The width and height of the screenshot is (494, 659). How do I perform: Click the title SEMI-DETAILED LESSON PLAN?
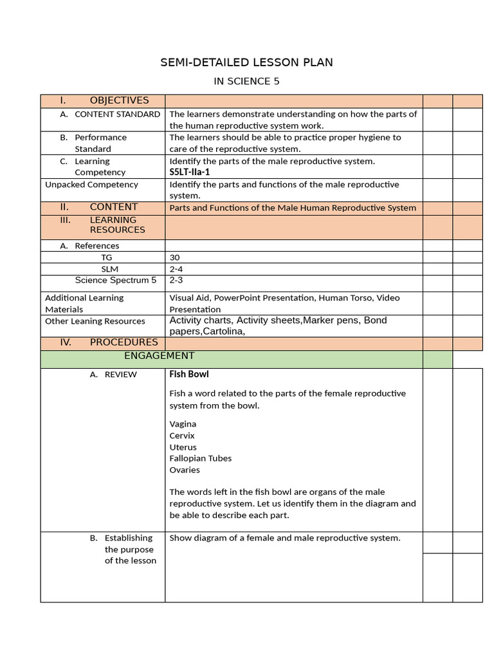pyautogui.click(x=246, y=62)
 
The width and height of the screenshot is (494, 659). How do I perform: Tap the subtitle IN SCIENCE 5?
pyautogui.click(x=246, y=82)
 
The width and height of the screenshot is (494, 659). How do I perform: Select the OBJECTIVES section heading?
pyautogui.click(x=119, y=100)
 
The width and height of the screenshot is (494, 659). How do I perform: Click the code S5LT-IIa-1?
pyautogui.click(x=190, y=172)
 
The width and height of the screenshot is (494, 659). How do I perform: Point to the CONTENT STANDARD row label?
pyautogui.click(x=117, y=114)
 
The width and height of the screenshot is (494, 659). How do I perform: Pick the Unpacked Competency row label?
pyautogui.click(x=91, y=185)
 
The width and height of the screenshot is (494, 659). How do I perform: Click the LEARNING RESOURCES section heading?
pyautogui.click(x=117, y=225)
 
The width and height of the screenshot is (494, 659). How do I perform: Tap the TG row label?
pyautogui.click(x=106, y=257)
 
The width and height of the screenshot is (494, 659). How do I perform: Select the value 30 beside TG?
pyautogui.click(x=175, y=257)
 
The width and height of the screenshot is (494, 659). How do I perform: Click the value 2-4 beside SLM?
pyautogui.click(x=176, y=269)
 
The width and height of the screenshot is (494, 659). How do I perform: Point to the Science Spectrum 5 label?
pyautogui.click(x=116, y=281)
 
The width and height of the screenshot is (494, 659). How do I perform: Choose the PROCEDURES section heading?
pyautogui.click(x=123, y=342)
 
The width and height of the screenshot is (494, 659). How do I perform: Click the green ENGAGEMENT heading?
pyautogui.click(x=159, y=356)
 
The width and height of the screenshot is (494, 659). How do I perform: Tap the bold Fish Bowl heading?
pyautogui.click(x=189, y=374)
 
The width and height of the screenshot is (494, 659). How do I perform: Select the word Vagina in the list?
pyautogui.click(x=183, y=424)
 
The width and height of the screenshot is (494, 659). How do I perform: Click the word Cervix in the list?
pyautogui.click(x=182, y=436)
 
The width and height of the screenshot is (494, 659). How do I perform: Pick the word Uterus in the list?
pyautogui.click(x=183, y=447)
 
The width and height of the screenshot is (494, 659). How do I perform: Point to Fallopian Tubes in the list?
pyautogui.click(x=201, y=458)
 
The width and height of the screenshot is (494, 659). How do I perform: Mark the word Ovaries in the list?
pyautogui.click(x=185, y=470)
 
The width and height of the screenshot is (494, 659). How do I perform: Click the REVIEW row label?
pyautogui.click(x=120, y=375)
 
